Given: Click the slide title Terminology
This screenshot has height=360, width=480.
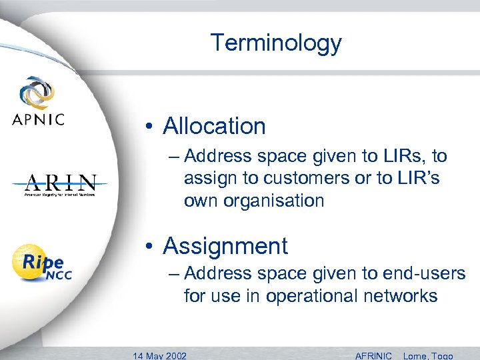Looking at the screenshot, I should pyautogui.click(x=276, y=43).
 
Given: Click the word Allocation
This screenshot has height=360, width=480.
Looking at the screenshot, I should pyautogui.click(x=214, y=126).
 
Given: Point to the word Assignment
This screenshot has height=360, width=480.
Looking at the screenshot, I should pyautogui.click(x=225, y=246).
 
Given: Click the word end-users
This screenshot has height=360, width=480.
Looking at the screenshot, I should pyautogui.click(x=424, y=273).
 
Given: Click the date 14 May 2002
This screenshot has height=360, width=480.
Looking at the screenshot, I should pyautogui.click(x=160, y=355).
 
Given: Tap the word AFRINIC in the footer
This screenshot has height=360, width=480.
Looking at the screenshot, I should pyautogui.click(x=374, y=355).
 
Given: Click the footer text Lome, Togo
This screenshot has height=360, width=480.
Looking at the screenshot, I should pyautogui.click(x=428, y=355).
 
